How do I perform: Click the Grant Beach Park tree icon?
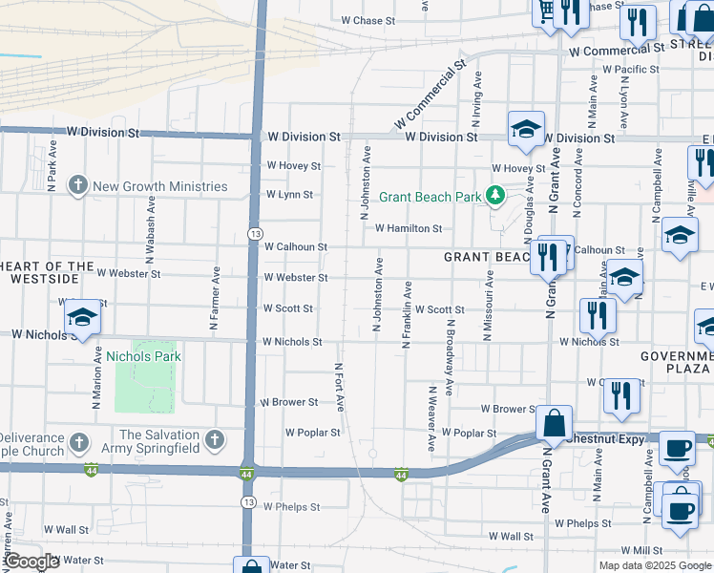pos(494,196)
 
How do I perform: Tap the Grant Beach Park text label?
pos(430,198)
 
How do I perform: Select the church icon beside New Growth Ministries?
pos(78,186)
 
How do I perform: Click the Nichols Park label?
pos(143,356)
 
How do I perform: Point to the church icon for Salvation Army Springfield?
pos(215,440)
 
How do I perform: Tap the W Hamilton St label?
pos(408,228)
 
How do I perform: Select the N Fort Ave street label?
pos(339,387)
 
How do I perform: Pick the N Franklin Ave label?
pos(408,314)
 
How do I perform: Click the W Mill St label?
pos(640,550)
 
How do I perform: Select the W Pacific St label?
pos(630,70)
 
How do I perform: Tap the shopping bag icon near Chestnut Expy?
pos(554,424)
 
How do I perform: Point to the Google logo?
pos(31,562)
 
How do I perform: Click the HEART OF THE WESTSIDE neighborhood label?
pos(48,272)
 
